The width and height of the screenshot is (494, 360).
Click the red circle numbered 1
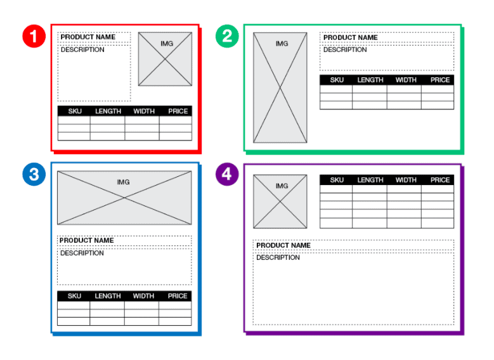tap(34, 36)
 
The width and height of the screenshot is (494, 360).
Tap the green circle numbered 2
tap(227, 36)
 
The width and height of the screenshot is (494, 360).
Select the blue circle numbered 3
tap(34, 174)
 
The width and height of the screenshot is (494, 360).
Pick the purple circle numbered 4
tap(227, 174)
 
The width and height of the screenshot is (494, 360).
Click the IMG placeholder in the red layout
tap(166, 59)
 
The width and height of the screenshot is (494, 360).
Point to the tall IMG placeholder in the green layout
tap(280, 87)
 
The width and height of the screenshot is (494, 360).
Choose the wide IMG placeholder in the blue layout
tap(124, 197)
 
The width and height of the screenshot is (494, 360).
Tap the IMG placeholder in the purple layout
tap(280, 202)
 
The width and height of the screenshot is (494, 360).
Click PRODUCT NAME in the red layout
tap(88, 37)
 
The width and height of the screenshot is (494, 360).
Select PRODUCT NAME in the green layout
tap(350, 37)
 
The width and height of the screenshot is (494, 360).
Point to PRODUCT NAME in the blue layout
tap(87, 240)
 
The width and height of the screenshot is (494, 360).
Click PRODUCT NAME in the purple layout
tap(283, 245)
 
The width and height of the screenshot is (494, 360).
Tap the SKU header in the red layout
tap(74, 112)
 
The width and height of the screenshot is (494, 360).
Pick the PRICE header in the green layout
tap(439, 80)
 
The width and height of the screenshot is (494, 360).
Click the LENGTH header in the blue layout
tap(108, 296)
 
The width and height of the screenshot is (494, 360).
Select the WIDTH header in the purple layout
tap(406, 180)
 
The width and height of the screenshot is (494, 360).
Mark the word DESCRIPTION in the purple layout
tap(278, 258)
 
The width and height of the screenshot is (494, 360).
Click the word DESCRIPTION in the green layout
tap(345, 50)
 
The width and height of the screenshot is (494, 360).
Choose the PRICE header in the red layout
tap(178, 112)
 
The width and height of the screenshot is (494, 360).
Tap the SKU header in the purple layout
tap(337, 180)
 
